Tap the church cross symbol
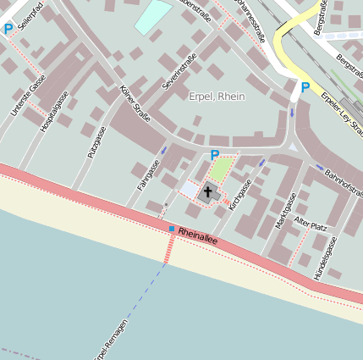[x=208, y=192]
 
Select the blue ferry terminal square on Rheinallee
[x=171, y=229]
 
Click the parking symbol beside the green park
[x=214, y=155]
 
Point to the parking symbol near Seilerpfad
[x=8, y=29]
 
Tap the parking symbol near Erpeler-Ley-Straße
[x=305, y=86]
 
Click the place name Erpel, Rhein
[x=217, y=97]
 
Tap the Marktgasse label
[x=283, y=209]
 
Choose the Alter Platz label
[x=310, y=226]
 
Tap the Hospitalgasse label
[x=56, y=110]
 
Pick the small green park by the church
[x=221, y=169]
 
